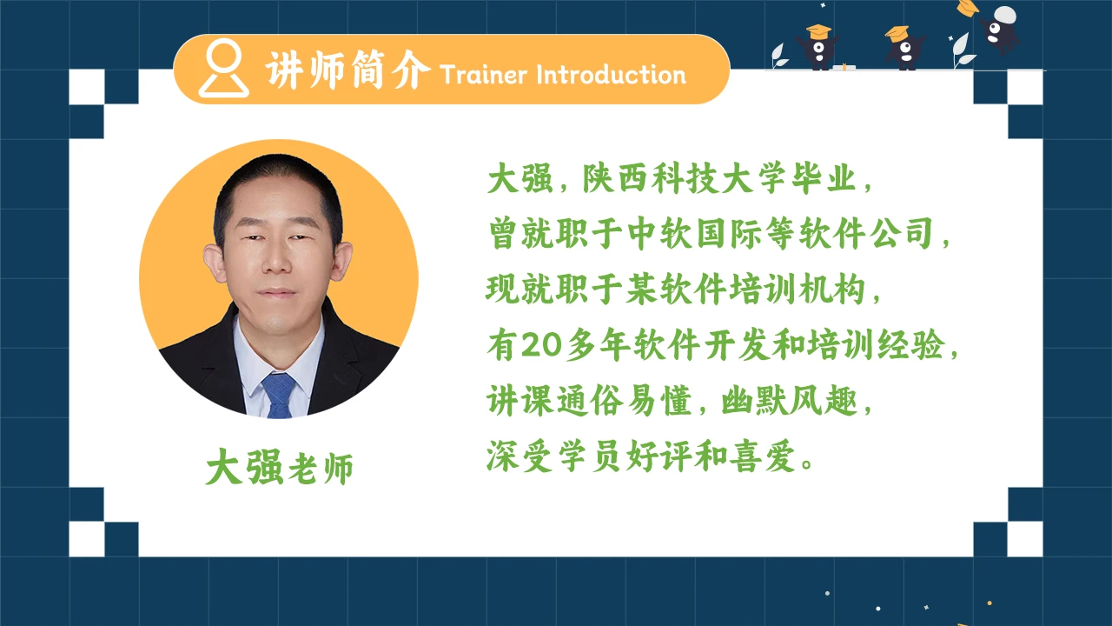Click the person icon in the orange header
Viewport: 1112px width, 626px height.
pyautogui.click(x=223, y=69)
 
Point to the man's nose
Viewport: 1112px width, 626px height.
pyautogui.click(x=278, y=265)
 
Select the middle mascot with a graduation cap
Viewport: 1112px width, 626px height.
pyautogui.click(x=903, y=49)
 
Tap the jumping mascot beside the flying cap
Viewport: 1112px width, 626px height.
pyautogui.click(x=1000, y=31)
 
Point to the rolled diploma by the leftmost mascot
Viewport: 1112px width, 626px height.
pyautogui.click(x=840, y=67)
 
